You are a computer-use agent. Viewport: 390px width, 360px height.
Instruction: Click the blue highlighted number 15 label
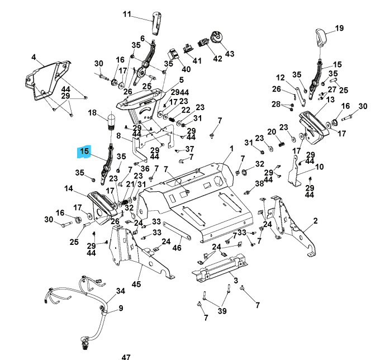[x=84, y=151]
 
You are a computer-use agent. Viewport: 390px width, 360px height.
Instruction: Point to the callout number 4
[x=34, y=57]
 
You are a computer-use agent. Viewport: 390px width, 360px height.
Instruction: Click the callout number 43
[x=230, y=54]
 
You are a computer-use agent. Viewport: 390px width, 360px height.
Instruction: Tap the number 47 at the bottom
[x=126, y=356]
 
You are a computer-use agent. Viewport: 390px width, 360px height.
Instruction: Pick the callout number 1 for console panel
[x=231, y=148]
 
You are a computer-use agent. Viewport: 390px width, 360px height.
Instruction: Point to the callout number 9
[x=120, y=308]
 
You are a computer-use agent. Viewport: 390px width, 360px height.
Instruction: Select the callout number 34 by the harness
[x=121, y=291]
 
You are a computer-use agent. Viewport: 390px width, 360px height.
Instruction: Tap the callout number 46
[x=178, y=247]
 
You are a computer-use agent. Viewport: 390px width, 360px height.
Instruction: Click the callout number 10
[x=319, y=167]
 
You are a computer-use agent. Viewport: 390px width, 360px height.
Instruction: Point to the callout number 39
[x=222, y=311]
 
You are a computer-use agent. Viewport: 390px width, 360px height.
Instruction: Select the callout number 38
[x=259, y=183]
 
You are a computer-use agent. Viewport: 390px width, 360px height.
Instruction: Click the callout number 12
[x=280, y=78]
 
